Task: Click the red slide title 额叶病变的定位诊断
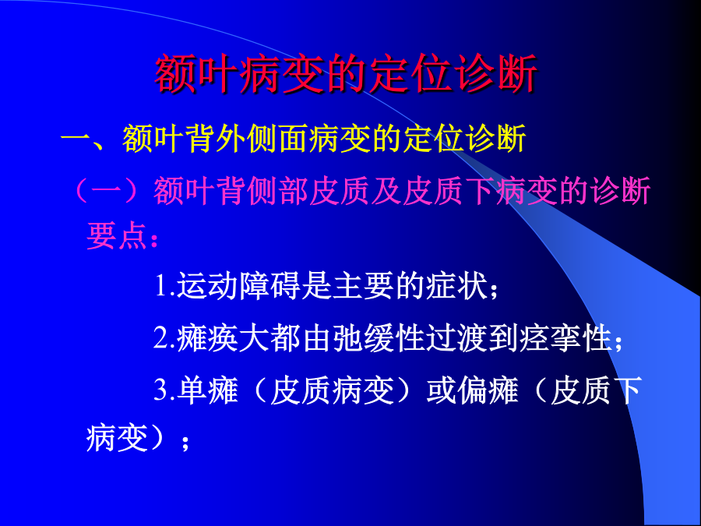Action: [346, 74]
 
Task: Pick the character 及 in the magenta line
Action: [386, 191]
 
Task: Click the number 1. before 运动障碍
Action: [164, 285]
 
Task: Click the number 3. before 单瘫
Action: [164, 390]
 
